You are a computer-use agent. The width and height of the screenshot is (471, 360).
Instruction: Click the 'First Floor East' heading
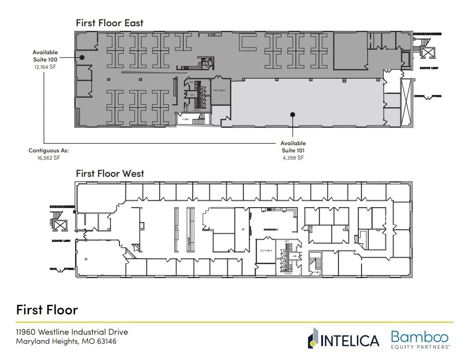click(109, 23)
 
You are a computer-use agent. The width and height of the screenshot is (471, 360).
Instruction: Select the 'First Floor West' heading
click(110, 173)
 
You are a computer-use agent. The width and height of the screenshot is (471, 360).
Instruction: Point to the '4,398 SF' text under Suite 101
click(293, 158)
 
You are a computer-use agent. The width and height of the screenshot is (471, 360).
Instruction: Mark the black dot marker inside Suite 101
click(293, 114)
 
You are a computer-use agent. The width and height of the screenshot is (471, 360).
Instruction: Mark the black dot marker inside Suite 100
click(82, 57)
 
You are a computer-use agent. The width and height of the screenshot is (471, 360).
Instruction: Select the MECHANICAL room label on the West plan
click(265, 251)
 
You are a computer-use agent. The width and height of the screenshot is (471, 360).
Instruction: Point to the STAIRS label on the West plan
click(316, 272)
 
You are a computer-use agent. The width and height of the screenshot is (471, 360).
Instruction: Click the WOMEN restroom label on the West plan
click(288, 274)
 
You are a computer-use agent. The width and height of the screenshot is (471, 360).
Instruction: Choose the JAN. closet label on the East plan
click(192, 95)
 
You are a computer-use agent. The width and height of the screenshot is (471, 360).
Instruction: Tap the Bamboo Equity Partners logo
click(419, 339)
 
